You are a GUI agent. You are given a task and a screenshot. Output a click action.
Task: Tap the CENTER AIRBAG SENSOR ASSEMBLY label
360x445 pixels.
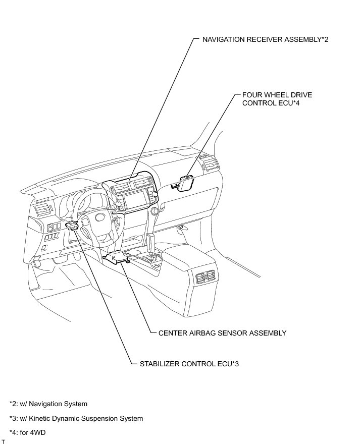point(222,333)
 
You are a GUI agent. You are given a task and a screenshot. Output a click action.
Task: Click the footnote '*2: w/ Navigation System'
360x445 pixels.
point(48,404)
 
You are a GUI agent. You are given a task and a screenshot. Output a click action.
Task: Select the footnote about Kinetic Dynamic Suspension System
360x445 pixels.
point(76,418)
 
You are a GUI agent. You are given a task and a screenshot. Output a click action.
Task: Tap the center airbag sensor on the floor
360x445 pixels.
point(117,258)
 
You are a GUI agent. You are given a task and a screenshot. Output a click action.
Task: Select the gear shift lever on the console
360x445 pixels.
point(150,242)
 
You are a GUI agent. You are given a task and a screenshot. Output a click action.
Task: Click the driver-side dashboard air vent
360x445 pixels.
point(42,209)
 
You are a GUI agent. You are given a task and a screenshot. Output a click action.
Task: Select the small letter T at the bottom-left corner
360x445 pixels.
point(3,441)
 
